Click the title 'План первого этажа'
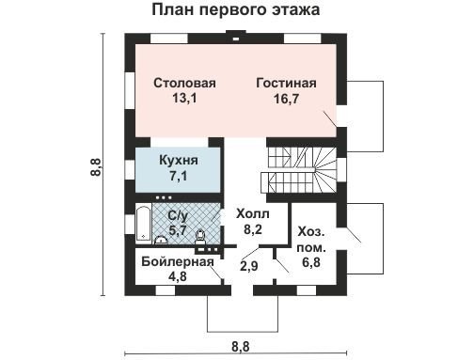point(236,9)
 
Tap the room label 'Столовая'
point(184,83)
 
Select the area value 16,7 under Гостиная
point(286,99)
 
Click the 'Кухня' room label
point(179,160)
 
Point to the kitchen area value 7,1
point(179,176)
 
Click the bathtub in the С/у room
point(143,223)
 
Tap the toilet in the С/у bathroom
point(199,237)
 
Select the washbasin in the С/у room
point(161,240)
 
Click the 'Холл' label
point(253,214)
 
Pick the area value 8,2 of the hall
point(253,230)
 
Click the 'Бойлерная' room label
point(178,261)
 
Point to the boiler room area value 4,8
point(178,276)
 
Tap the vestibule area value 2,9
point(249,266)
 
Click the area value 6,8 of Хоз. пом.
point(311,262)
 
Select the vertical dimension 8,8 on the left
point(97,166)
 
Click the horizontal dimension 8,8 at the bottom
point(241,347)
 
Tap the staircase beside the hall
point(298,171)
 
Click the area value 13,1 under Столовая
point(184,99)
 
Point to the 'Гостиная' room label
point(286,84)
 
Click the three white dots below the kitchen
point(164,197)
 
